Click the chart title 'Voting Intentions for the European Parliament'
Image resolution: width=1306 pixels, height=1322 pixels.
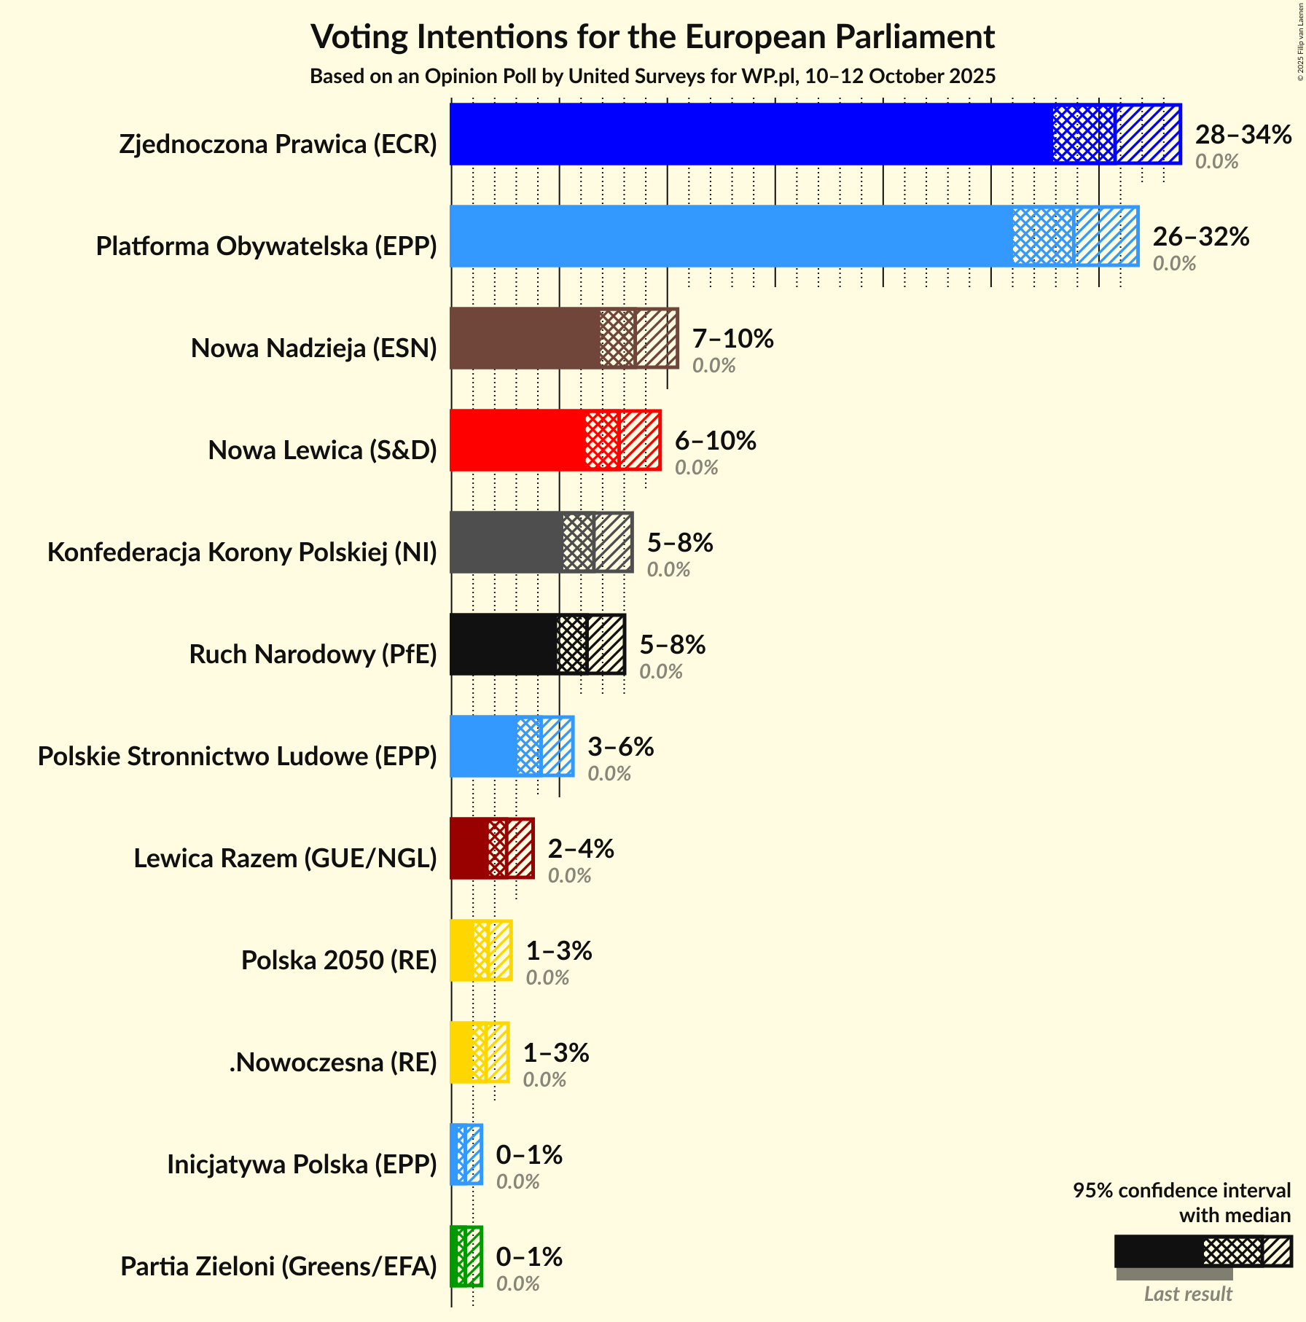point(652,37)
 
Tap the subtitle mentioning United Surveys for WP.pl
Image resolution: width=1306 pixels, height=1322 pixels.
point(652,77)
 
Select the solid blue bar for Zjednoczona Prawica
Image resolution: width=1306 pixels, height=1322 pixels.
point(751,134)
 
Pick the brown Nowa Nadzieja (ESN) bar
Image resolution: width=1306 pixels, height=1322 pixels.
point(525,338)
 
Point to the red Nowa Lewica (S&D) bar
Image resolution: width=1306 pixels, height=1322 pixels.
point(517,440)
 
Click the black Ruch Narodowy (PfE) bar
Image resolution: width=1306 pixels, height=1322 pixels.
point(504,644)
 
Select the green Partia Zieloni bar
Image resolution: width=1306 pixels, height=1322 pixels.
point(466,1256)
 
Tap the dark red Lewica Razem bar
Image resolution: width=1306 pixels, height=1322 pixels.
point(469,848)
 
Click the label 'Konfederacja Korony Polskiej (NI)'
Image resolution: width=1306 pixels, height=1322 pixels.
point(242,552)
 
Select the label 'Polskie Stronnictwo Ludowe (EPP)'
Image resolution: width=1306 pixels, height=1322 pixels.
point(237,756)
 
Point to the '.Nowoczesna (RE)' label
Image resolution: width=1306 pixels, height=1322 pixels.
point(333,1063)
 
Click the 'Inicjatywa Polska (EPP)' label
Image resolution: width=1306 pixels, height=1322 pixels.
point(302,1165)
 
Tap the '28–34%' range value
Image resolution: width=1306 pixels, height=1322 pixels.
point(1243,135)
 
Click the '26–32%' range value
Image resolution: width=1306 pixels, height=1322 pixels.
point(1200,237)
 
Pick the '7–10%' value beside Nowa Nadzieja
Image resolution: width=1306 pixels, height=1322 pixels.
point(732,339)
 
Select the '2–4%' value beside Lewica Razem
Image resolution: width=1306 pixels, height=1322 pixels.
point(581,849)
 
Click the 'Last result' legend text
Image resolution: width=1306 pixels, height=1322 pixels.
point(1187,1294)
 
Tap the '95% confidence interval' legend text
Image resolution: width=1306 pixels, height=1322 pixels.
point(1181,1191)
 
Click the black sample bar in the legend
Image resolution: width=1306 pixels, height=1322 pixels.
point(1159,1251)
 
